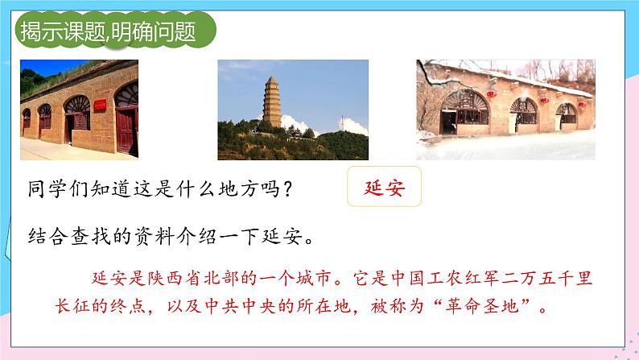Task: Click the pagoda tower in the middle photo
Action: coord(272,102)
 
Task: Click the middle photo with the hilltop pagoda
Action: coord(293,109)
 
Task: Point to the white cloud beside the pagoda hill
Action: coord(305,126)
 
